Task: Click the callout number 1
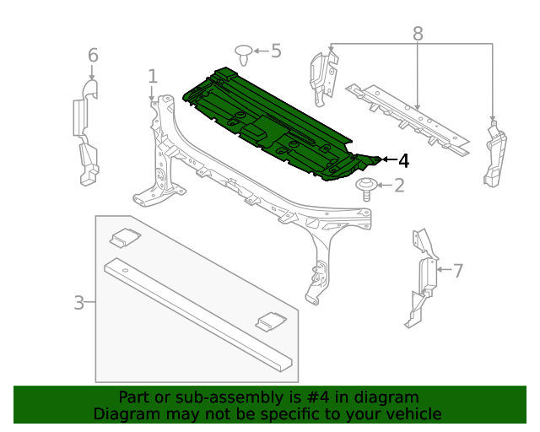click(x=153, y=77)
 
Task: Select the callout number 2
click(x=398, y=185)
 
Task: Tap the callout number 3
click(x=79, y=302)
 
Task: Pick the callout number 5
click(x=275, y=51)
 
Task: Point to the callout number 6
click(x=93, y=56)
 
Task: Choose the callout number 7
click(x=458, y=271)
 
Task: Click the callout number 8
click(x=418, y=34)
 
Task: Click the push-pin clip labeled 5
click(x=244, y=55)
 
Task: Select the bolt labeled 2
click(x=366, y=186)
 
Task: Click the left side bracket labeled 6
click(x=85, y=131)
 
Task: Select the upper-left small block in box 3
click(x=124, y=239)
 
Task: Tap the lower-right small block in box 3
click(x=271, y=321)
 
